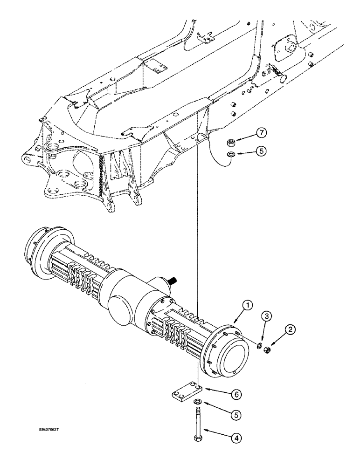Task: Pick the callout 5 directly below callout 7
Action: pos(262,151)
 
